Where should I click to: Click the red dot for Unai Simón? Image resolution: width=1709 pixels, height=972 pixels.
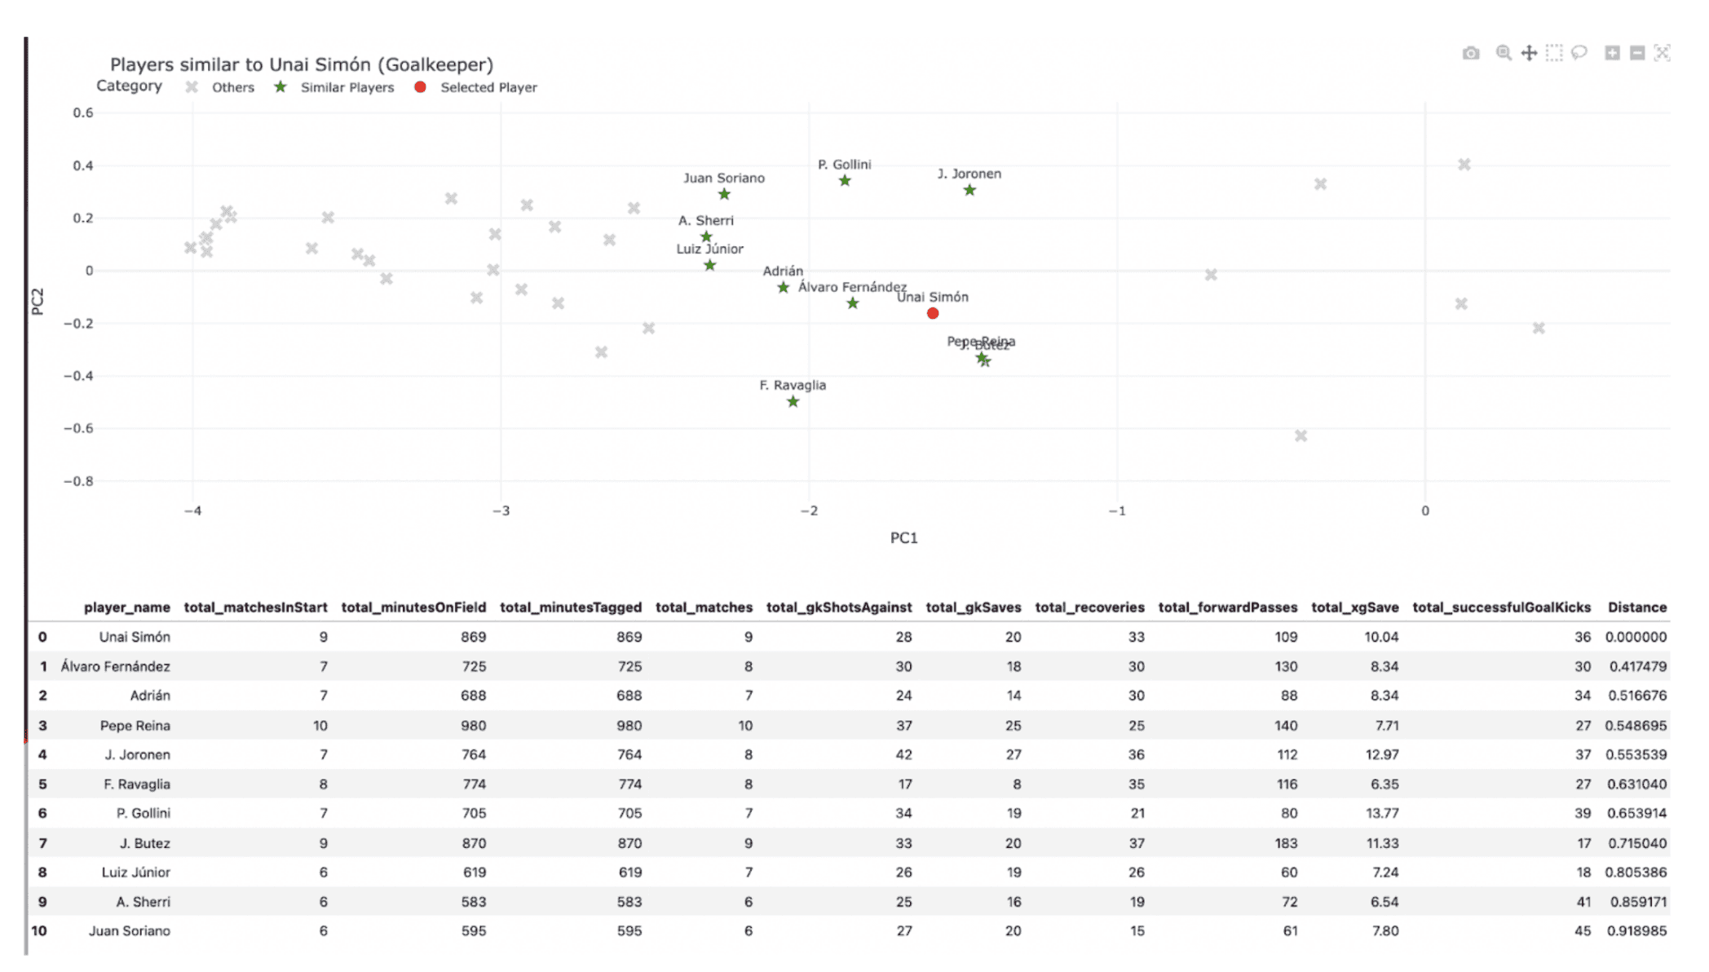tap(933, 313)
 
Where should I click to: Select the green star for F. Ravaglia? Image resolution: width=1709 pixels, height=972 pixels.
tap(793, 401)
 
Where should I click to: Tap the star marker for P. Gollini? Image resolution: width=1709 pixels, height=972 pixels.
tap(845, 181)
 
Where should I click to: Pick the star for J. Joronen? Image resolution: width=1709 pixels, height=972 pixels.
tap(969, 191)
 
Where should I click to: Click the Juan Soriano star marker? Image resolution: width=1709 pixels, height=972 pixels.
tap(724, 194)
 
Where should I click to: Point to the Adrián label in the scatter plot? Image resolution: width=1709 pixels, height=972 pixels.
tap(783, 271)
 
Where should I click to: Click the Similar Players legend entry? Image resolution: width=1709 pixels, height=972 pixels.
tap(347, 87)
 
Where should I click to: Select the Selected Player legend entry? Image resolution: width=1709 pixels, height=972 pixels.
tap(488, 87)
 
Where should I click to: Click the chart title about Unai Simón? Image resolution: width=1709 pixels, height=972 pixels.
tap(302, 64)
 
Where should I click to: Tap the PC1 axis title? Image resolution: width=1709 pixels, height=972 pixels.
tap(903, 537)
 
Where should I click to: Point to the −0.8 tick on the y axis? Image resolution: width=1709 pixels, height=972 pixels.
tap(79, 481)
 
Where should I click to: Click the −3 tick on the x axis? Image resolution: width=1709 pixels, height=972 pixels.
tap(501, 510)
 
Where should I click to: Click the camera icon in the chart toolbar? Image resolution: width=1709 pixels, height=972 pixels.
tap(1471, 53)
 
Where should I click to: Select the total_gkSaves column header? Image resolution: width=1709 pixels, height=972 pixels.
tap(973, 607)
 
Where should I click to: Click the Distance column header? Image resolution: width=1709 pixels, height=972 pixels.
tap(1636, 607)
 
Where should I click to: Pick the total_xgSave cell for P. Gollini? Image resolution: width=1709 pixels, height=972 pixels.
tap(1382, 813)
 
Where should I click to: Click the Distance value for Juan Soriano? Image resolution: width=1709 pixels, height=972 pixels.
tap(1636, 930)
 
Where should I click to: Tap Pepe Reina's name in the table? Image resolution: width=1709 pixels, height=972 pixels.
tap(135, 725)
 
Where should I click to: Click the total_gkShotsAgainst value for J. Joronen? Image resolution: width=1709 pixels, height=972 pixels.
tap(903, 754)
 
